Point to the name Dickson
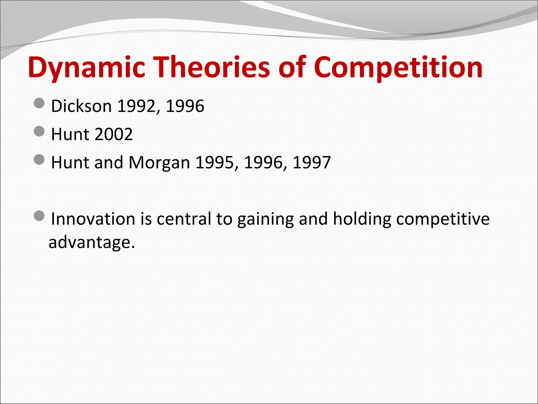coord(81,106)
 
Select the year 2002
coord(113,134)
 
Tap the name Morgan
coord(159,162)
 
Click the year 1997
coord(312,162)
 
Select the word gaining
coord(265,219)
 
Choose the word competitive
coord(443,219)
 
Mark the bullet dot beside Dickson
coord(39,103)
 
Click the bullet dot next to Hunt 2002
coord(39,131)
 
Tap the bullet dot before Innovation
coord(39,216)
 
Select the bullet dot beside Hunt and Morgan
coord(39,159)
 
